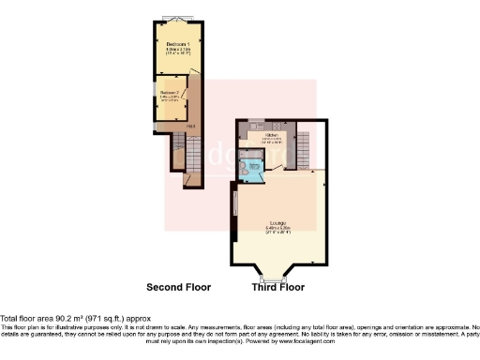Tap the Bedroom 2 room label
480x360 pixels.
(169, 92)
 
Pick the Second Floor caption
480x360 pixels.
(178, 287)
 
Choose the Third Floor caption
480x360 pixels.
(278, 287)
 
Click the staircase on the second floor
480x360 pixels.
(182, 150)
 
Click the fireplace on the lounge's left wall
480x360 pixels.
(235, 204)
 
